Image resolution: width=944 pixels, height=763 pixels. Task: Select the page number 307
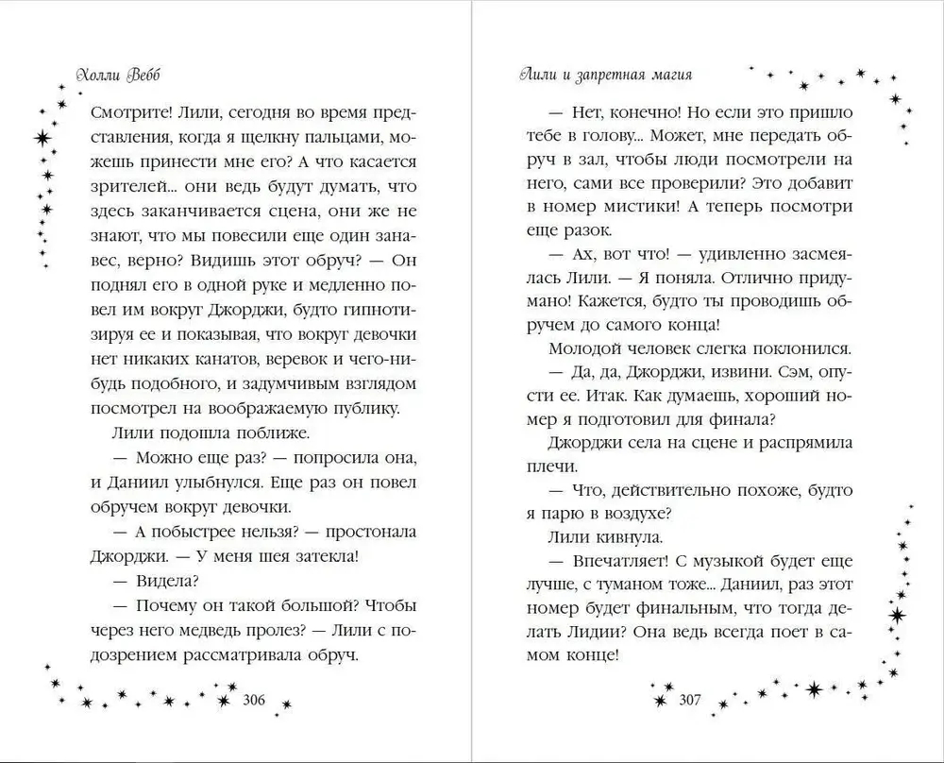point(694,700)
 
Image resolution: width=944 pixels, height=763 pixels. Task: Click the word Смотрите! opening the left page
point(131,111)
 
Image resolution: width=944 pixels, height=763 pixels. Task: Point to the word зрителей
point(128,185)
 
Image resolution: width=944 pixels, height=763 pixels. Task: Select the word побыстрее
point(211,531)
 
